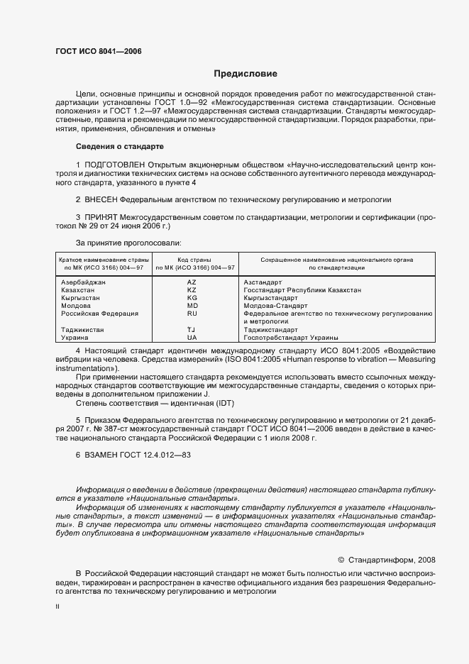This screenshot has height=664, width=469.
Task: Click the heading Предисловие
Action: (x=245, y=74)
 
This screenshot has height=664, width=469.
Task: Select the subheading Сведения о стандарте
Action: (x=119, y=146)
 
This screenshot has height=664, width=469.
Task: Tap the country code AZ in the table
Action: (x=191, y=282)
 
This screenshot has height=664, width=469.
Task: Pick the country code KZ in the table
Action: (x=191, y=290)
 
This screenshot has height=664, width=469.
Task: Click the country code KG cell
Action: (x=191, y=298)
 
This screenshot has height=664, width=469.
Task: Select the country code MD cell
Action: (x=192, y=306)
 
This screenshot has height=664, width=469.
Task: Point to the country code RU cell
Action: (x=192, y=314)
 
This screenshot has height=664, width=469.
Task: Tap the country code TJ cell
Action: (x=191, y=330)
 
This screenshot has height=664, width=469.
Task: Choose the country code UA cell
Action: (x=191, y=338)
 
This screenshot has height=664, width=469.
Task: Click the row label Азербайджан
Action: (x=84, y=282)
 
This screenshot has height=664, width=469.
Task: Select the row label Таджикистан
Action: (x=84, y=330)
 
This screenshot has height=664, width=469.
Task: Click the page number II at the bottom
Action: (x=58, y=607)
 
